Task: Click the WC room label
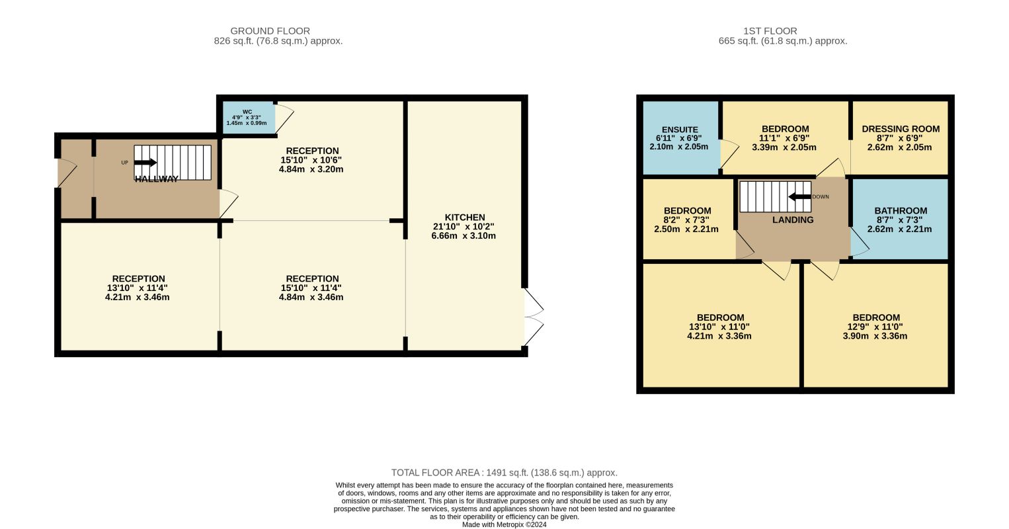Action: click(247, 112)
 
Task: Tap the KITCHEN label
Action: click(465, 217)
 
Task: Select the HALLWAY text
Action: click(157, 179)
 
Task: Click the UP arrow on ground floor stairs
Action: click(145, 163)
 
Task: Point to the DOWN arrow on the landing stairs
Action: click(799, 197)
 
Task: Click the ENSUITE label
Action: click(680, 130)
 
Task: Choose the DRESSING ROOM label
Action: click(901, 129)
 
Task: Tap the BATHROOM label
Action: click(901, 210)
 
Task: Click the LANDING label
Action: click(793, 220)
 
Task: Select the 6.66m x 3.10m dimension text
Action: click(464, 235)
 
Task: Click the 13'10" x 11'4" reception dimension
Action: click(138, 288)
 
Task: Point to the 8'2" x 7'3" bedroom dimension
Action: click(687, 220)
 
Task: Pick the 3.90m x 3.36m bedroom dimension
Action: click(875, 336)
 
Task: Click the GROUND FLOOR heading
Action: click(270, 31)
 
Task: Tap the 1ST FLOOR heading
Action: click(770, 31)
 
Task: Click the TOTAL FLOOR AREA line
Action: click(504, 473)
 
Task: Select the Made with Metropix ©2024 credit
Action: click(504, 524)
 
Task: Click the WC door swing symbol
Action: click(284, 118)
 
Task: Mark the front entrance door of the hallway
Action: click(67, 173)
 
